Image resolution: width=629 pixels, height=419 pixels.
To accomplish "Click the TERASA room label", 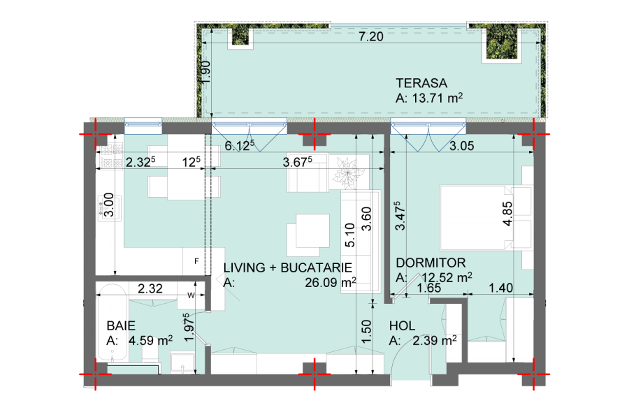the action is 421,83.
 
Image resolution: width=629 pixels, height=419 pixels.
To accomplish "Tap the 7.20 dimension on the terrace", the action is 371,36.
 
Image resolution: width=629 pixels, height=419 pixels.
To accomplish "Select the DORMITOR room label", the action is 431,263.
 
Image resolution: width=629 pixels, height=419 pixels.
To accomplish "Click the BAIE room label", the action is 121,325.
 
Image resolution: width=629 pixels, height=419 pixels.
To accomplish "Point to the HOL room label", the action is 402,325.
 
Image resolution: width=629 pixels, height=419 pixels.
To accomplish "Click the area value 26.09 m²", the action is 330,282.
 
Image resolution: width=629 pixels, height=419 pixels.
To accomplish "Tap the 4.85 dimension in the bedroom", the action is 507,214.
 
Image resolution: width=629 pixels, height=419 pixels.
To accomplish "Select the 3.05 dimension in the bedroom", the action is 462,146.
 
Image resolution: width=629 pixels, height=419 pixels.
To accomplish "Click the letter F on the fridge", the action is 196,261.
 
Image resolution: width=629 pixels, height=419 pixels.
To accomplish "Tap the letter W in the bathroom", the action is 191,295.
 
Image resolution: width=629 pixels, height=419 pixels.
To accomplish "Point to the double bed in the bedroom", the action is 486,217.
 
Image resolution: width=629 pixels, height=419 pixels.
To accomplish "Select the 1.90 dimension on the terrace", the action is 205,72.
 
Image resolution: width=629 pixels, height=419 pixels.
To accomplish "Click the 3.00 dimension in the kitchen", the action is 109,205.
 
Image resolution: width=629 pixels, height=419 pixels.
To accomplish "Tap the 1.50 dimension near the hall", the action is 366,332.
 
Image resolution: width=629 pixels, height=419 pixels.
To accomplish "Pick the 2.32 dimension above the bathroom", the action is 150,288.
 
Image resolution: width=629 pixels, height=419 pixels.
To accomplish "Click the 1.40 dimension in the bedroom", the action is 500,288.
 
